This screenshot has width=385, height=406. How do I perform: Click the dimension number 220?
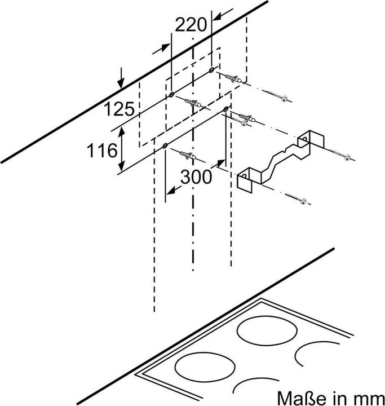pos(191,25)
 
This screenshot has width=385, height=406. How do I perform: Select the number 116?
pos(101,151)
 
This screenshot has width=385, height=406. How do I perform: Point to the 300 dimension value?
pos(196,176)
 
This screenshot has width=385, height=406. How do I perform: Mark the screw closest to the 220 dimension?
pos(280,98)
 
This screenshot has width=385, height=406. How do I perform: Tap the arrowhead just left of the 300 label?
pos(169,191)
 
